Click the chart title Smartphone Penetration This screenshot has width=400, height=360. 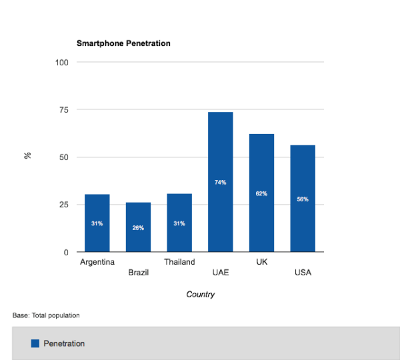(x=123, y=43)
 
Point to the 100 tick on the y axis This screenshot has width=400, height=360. (x=62, y=63)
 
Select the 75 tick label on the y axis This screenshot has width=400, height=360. (x=64, y=110)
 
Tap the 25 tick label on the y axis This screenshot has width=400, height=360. (x=64, y=205)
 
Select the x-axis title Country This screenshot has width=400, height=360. (x=200, y=294)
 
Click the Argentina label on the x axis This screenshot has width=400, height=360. (x=97, y=262)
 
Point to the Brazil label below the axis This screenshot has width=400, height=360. (x=138, y=273)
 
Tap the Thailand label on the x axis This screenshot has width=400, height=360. (x=179, y=262)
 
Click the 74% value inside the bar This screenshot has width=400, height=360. (x=220, y=182)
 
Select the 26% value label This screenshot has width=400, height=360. (x=138, y=227)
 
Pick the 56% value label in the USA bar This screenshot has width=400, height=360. (x=303, y=199)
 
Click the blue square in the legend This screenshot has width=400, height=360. (x=35, y=343)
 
